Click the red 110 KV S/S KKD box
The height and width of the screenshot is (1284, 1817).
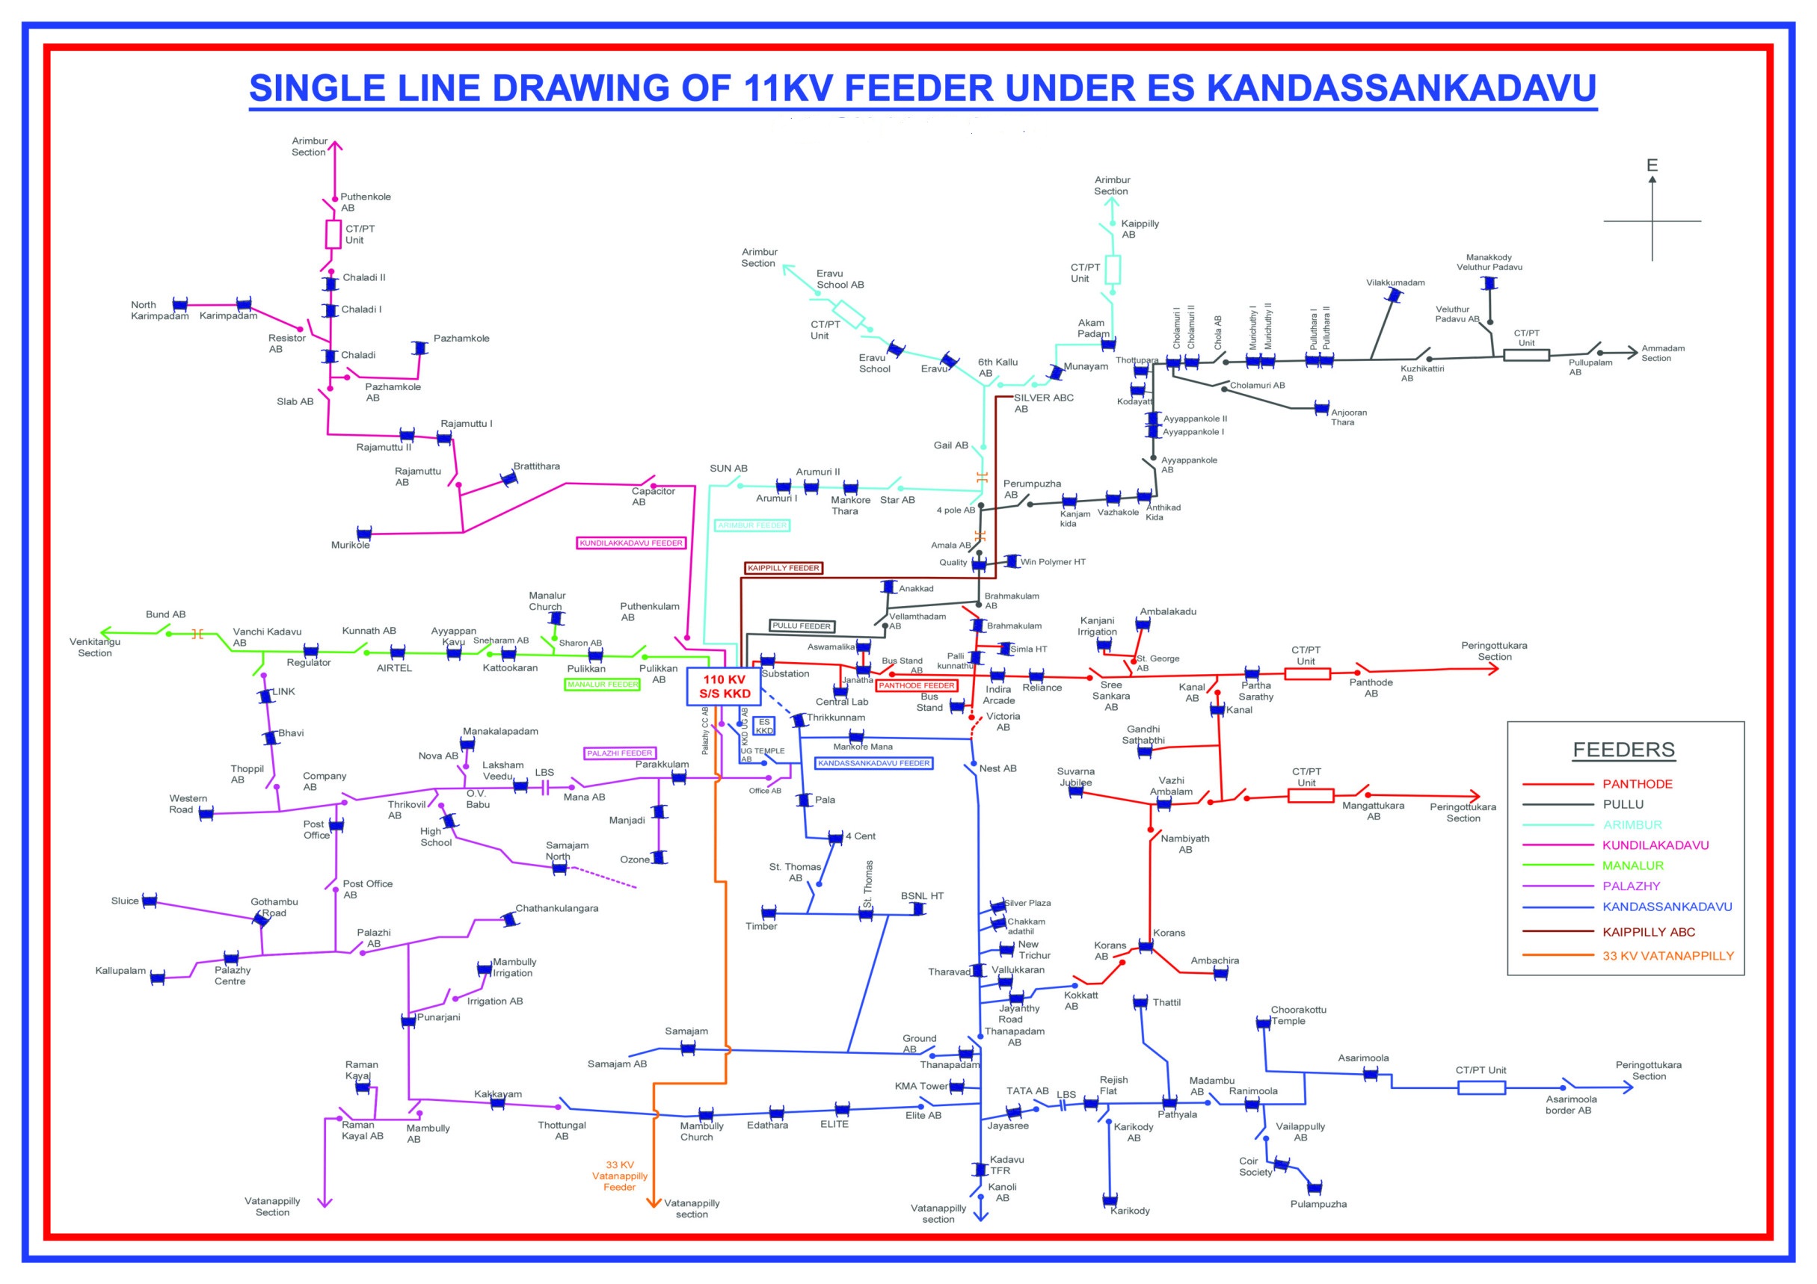tap(723, 686)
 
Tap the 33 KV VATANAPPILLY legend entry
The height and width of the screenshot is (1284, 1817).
tap(1667, 956)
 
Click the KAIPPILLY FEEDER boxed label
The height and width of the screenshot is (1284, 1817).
tap(784, 568)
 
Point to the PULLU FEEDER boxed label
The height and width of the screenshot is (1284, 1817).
tap(802, 626)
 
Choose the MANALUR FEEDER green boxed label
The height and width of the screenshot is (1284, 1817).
tap(603, 685)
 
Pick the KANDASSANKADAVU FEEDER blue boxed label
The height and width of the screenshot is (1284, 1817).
tap(873, 763)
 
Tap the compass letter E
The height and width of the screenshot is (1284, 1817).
tap(1652, 165)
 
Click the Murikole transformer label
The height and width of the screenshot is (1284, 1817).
tap(350, 545)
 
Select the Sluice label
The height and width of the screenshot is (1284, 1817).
tap(125, 901)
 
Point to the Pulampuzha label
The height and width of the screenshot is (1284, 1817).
tap(1318, 1204)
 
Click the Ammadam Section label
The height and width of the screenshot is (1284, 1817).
tap(1663, 353)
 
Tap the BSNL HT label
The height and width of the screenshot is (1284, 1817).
tap(922, 896)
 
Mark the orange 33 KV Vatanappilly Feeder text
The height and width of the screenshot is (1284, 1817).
tap(620, 1176)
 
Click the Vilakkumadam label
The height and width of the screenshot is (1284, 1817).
tap(1395, 283)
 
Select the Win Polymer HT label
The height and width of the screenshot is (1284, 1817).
tap(1053, 562)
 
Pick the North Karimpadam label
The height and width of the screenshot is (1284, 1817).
tap(160, 310)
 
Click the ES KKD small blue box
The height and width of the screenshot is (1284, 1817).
tap(763, 726)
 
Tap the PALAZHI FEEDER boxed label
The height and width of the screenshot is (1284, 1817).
tap(619, 753)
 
